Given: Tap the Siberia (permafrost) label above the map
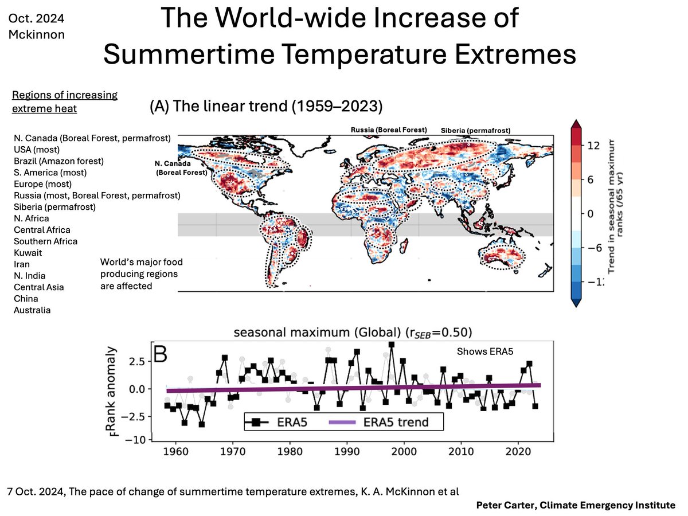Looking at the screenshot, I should (475, 130).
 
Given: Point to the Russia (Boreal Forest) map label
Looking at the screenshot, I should (389, 130).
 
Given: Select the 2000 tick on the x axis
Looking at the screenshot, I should (405, 451).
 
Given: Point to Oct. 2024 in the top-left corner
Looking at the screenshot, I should (37, 18).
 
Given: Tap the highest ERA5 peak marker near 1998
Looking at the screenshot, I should (391, 345).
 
